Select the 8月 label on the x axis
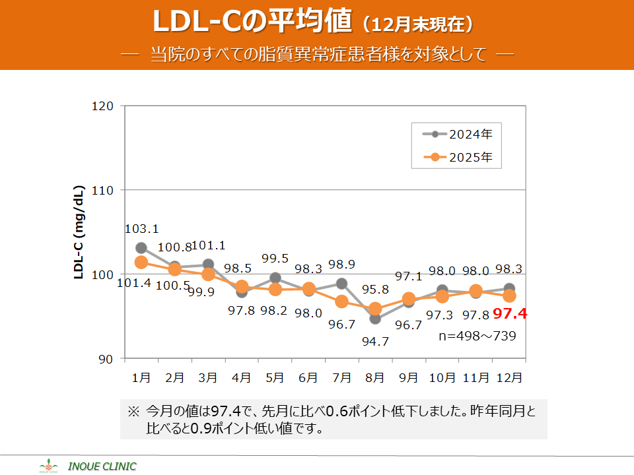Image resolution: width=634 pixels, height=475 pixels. click(375, 378)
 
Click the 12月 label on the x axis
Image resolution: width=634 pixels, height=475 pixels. click(509, 378)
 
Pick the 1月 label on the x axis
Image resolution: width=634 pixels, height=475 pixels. click(141, 378)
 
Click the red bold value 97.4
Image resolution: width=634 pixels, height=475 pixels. click(510, 314)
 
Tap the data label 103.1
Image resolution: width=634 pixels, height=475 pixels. click(141, 229)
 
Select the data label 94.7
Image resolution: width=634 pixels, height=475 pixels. click(375, 341)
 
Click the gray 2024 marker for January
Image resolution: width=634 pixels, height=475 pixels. click(141, 248)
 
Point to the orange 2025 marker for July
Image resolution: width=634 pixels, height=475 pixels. click(341, 301)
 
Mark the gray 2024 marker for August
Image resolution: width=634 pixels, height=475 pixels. click(375, 319)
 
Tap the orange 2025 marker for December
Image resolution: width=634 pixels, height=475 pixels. click(509, 296)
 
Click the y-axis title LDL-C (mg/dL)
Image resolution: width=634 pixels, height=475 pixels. click(78, 232)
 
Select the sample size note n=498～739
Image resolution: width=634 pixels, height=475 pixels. click(477, 336)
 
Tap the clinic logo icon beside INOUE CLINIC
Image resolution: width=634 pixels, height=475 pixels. click(49, 466)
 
